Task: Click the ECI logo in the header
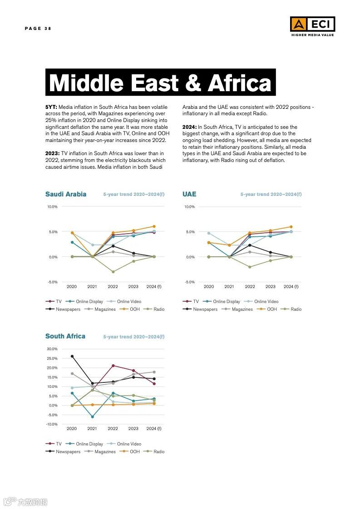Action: (312, 24)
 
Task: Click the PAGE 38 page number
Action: (38, 29)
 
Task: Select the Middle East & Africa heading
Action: (160, 83)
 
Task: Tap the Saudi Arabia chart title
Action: (66, 194)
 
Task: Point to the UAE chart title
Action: (189, 194)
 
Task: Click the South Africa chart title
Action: (65, 336)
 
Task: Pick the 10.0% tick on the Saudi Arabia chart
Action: (52, 207)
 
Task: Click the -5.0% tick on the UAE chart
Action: (189, 282)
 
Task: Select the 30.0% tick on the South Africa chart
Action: (52, 349)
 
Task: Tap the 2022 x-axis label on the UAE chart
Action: (250, 287)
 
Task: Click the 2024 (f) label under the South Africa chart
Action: (154, 429)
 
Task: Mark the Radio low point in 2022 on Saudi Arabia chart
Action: (113, 272)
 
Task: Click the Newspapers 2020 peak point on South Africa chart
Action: (72, 357)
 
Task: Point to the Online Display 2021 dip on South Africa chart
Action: (93, 416)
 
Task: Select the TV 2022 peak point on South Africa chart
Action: (113, 366)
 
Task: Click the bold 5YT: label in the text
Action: (51, 107)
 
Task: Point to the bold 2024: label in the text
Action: (189, 127)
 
